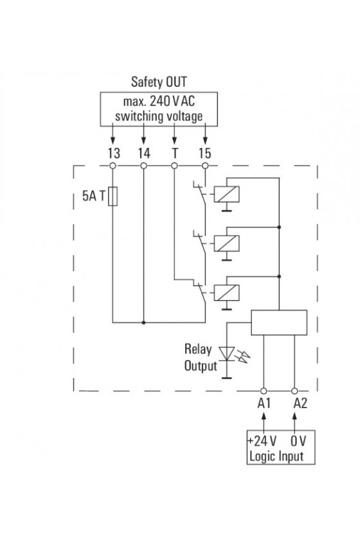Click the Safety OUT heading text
click(x=159, y=82)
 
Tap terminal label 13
click(x=114, y=153)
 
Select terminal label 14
click(x=144, y=153)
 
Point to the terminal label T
click(x=175, y=153)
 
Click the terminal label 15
click(x=204, y=153)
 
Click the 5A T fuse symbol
click(x=113, y=196)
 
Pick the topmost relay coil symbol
click(x=226, y=194)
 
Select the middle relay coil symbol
click(x=226, y=244)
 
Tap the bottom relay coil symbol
click(x=226, y=292)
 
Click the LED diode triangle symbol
click(x=227, y=354)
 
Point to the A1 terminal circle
click(x=264, y=391)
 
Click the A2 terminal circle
click(x=294, y=391)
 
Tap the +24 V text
click(x=262, y=441)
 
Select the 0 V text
click(x=298, y=441)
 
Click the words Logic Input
click(x=276, y=456)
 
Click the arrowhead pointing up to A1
click(x=264, y=416)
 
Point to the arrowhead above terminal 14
click(x=144, y=140)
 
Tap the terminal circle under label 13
click(x=113, y=166)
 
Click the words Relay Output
click(x=201, y=357)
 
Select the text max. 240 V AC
click(x=159, y=102)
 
